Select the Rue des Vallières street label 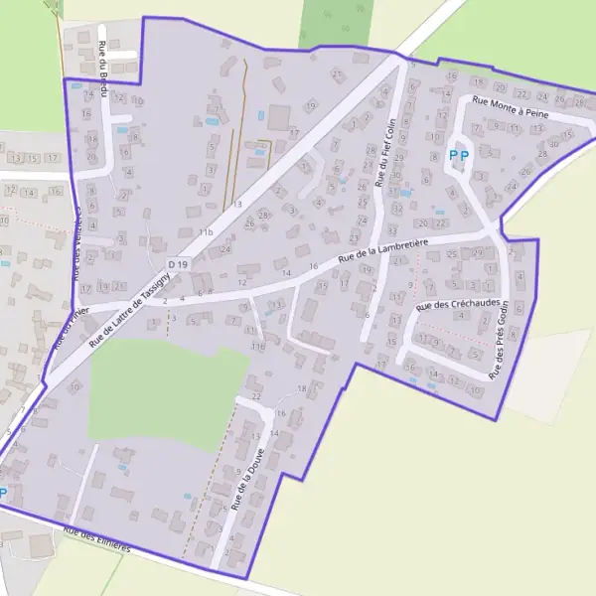point(77,243)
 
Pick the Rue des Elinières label point(96,540)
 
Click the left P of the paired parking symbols point(453,155)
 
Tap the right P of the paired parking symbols point(465,155)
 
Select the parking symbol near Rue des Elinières point(3,493)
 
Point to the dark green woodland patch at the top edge point(336,22)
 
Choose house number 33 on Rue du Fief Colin point(393,203)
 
